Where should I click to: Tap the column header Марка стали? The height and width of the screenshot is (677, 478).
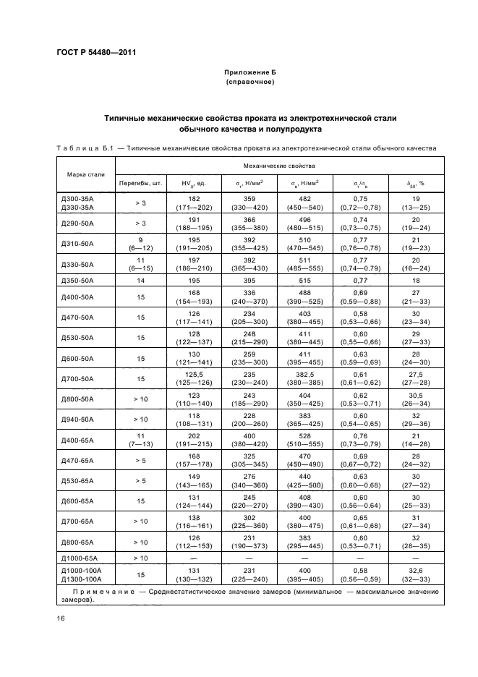tap(85, 174)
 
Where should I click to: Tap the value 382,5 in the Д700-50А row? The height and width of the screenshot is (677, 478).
tap(302, 375)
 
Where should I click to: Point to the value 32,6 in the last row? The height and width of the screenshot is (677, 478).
tap(416, 571)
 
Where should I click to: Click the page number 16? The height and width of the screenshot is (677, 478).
tap(60, 619)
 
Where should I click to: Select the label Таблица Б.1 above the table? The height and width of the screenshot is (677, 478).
tap(85, 148)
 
